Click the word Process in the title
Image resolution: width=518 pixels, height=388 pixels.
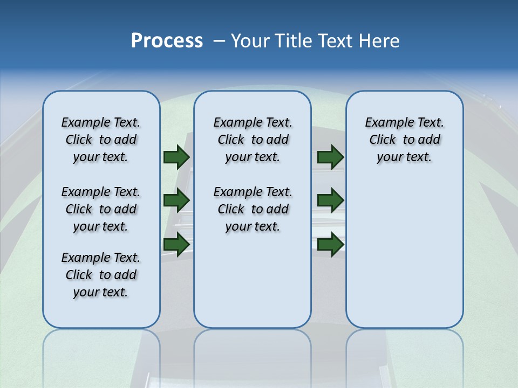167,41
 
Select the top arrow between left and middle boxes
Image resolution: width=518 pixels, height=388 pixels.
176,157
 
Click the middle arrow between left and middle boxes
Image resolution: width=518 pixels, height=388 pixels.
176,200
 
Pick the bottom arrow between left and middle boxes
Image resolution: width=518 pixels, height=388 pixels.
176,244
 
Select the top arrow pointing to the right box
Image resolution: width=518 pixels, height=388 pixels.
330,157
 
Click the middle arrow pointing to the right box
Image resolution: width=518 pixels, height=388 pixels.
330,200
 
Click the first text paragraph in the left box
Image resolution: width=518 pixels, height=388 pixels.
101,140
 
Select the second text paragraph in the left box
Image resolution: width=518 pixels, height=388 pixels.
101,209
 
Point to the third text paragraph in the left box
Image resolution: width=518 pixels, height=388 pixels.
101,275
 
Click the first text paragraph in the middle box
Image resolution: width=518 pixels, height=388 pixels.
253,140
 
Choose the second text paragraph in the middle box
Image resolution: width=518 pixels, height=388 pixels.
253,209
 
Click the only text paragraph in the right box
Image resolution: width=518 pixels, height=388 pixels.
404,140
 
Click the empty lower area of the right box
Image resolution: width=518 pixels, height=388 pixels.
404,259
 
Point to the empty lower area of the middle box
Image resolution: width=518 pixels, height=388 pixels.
253,280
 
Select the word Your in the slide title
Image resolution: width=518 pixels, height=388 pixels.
250,41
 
